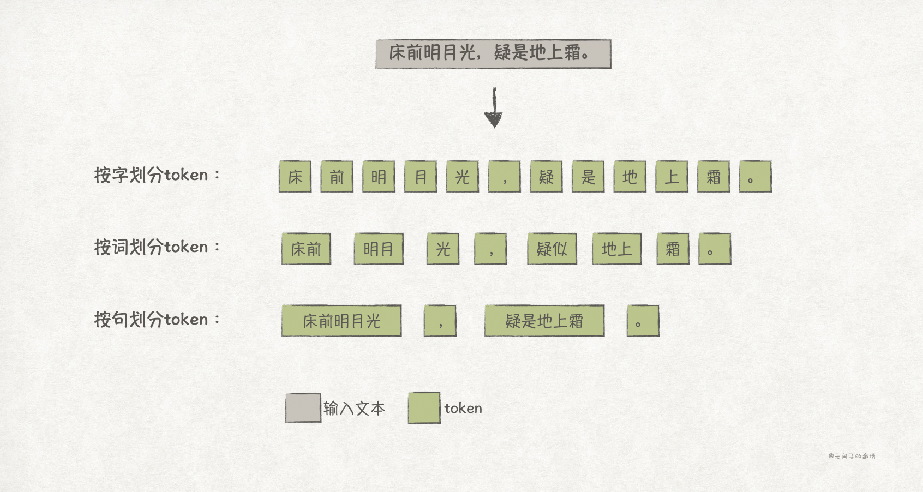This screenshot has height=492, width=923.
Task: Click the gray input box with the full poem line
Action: pyautogui.click(x=493, y=53)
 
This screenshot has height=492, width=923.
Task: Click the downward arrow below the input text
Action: pyautogui.click(x=494, y=109)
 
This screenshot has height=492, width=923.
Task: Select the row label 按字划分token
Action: pyautogui.click(x=157, y=175)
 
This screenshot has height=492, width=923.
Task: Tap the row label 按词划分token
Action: pyautogui.click(x=157, y=247)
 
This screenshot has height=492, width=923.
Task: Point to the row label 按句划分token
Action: pyautogui.click(x=157, y=319)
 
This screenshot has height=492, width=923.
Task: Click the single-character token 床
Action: pyautogui.click(x=295, y=177)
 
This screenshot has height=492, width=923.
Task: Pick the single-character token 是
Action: pyautogui.click(x=588, y=177)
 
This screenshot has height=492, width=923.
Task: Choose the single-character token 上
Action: pyautogui.click(x=672, y=177)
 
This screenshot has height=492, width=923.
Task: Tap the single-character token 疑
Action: pyautogui.click(x=546, y=177)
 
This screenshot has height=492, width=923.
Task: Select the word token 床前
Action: pyautogui.click(x=306, y=249)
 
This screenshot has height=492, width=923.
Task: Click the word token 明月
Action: pyautogui.click(x=379, y=249)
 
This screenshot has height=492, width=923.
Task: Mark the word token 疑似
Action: pyautogui.click(x=552, y=249)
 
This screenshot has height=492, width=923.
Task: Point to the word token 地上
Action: pyautogui.click(x=617, y=249)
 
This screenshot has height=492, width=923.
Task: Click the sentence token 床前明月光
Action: pyautogui.click(x=341, y=321)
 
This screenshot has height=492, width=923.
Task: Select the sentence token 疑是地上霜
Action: pyautogui.click(x=544, y=321)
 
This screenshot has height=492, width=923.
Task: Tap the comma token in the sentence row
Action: pyautogui.click(x=440, y=321)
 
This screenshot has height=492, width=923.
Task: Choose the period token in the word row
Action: pyautogui.click(x=715, y=249)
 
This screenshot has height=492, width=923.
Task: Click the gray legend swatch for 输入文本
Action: pyautogui.click(x=303, y=408)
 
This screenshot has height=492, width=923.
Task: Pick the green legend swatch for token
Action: pyautogui.click(x=424, y=408)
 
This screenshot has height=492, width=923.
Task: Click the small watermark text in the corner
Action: pyautogui.click(x=852, y=456)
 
